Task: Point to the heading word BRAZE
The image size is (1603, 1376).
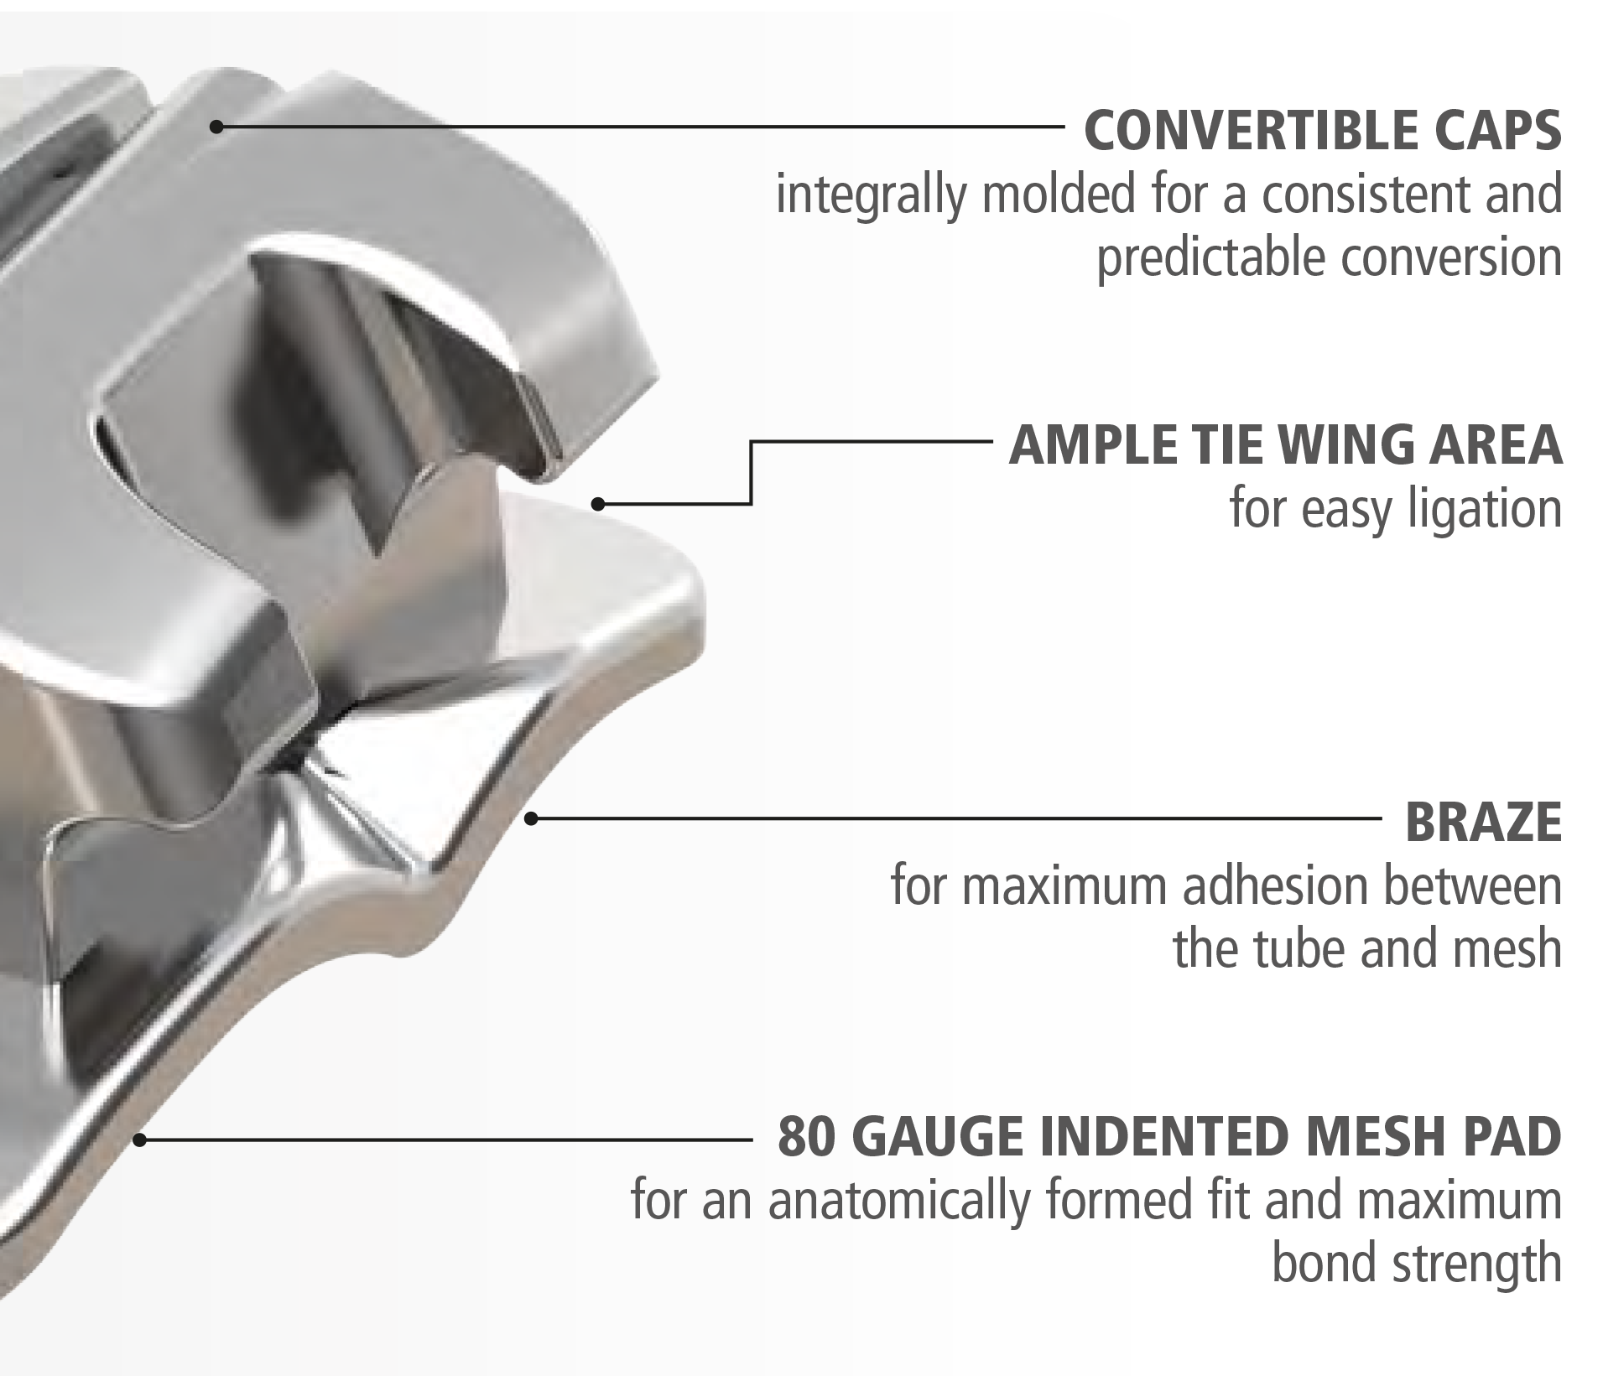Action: (x=1483, y=822)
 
